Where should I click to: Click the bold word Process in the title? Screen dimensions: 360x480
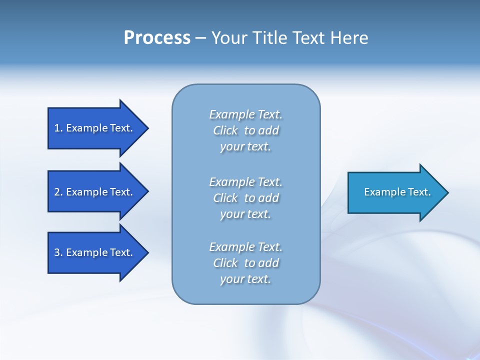pos(157,38)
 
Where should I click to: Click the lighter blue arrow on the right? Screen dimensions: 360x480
pos(395,192)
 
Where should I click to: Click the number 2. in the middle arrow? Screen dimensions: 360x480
pos(58,192)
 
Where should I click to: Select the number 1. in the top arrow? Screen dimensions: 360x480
pos(58,128)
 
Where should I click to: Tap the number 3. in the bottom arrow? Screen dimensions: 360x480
pos(58,252)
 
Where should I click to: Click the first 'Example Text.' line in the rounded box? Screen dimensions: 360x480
pos(245,114)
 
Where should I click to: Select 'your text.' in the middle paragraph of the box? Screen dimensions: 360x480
pos(245,214)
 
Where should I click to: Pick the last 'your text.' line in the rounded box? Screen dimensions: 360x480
pos(245,279)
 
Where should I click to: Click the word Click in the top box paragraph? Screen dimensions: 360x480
pos(225,130)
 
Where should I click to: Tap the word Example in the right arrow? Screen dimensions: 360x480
pos(381,192)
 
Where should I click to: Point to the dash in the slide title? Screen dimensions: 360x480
pos(200,38)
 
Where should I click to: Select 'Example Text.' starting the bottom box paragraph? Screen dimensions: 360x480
pos(245,247)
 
